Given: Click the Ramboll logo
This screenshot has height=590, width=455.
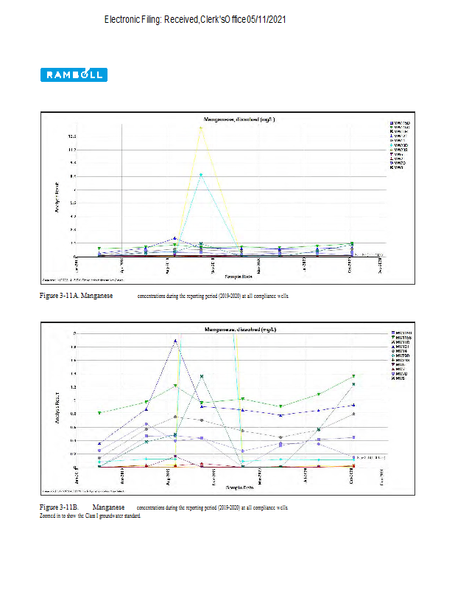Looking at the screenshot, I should click(74, 74).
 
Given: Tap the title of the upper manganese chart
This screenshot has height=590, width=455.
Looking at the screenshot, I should click(239, 119).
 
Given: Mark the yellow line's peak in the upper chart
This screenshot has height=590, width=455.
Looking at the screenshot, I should click(201, 128).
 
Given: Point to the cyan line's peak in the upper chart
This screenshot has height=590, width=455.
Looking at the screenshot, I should click(201, 175).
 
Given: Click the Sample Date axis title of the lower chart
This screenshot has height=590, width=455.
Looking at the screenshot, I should click(239, 487).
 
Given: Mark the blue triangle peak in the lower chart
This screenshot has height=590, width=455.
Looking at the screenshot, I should click(175, 341).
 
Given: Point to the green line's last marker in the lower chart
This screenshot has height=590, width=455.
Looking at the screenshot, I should click(353, 376).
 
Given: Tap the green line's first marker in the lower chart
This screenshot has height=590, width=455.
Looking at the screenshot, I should click(99, 413).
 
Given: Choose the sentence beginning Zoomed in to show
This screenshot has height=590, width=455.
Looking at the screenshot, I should click(90, 515).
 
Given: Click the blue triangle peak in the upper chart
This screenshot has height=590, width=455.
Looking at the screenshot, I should click(174, 239).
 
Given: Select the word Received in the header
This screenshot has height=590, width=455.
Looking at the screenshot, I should click(181, 18).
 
